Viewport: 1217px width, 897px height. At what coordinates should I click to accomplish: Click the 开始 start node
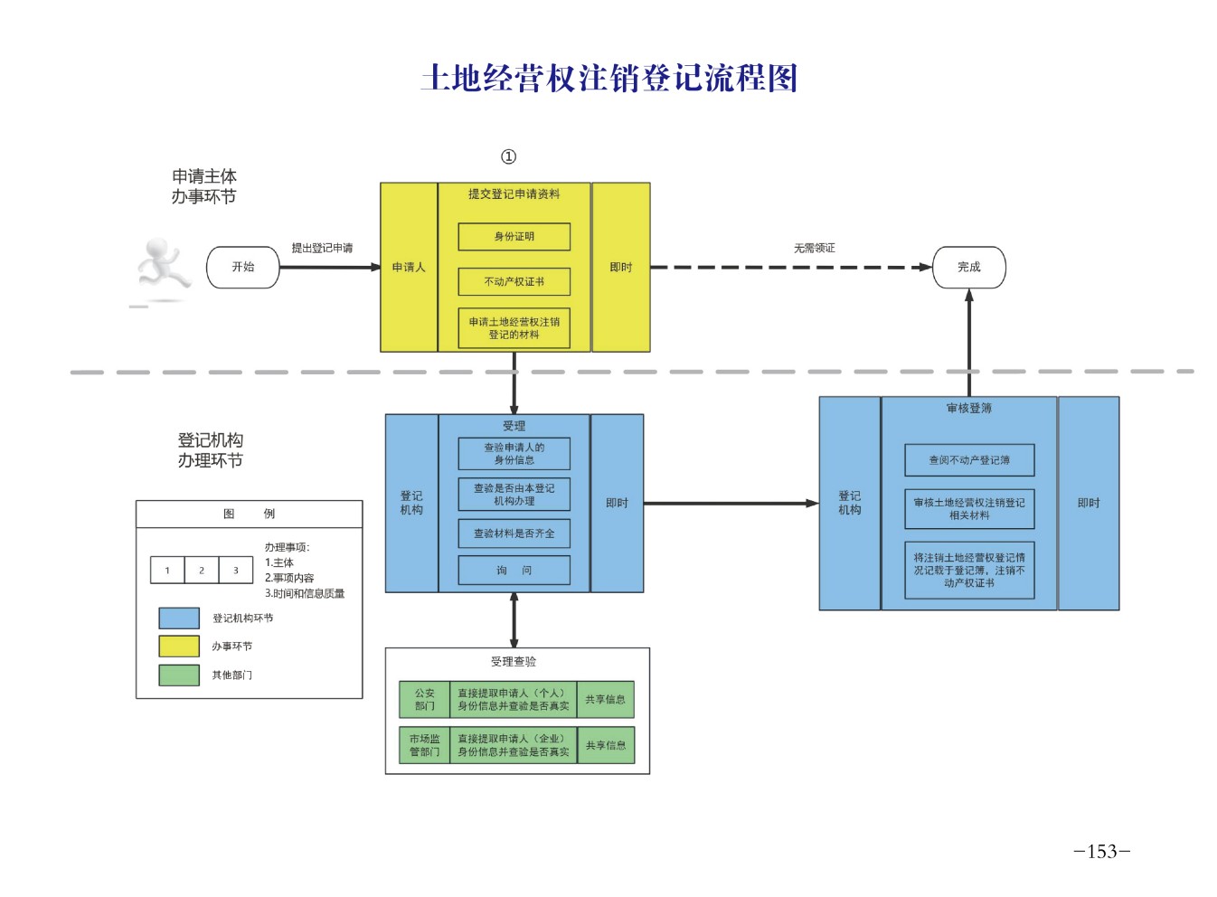pyautogui.click(x=242, y=268)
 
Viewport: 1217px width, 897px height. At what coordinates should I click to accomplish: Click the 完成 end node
pyautogui.click(x=968, y=268)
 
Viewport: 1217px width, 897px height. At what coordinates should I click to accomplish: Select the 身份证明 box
pyautogui.click(x=514, y=237)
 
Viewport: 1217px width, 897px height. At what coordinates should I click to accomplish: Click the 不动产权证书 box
pyautogui.click(x=514, y=282)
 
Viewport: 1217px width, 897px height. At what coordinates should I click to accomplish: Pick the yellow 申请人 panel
pyautogui.click(x=409, y=268)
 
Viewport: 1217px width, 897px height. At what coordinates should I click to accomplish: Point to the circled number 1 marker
pyautogui.click(x=508, y=156)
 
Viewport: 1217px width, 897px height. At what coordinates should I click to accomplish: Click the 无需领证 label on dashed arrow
pyautogui.click(x=814, y=248)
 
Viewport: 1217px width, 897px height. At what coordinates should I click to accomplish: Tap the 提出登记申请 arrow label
pyautogui.click(x=322, y=248)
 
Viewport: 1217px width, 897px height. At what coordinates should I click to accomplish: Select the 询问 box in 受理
pyautogui.click(x=514, y=571)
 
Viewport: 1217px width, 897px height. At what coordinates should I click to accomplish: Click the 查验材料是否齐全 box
pyautogui.click(x=514, y=533)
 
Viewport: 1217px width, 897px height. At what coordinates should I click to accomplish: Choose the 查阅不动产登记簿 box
pyautogui.click(x=969, y=460)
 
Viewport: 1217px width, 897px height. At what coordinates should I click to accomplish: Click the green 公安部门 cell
pyautogui.click(x=424, y=700)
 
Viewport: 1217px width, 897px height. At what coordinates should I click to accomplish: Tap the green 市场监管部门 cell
pyautogui.click(x=424, y=746)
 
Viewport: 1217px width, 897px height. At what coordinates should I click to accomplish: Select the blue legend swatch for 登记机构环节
pyautogui.click(x=179, y=618)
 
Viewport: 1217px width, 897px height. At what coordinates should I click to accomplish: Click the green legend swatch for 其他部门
pyautogui.click(x=179, y=675)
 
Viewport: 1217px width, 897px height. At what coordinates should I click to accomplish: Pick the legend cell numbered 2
pyautogui.click(x=202, y=571)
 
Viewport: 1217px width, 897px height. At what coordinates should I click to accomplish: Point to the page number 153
pyautogui.click(x=1101, y=851)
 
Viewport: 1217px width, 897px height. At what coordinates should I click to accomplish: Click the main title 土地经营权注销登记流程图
pyautogui.click(x=608, y=79)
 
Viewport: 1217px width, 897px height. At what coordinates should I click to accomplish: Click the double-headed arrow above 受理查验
pyautogui.click(x=514, y=619)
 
